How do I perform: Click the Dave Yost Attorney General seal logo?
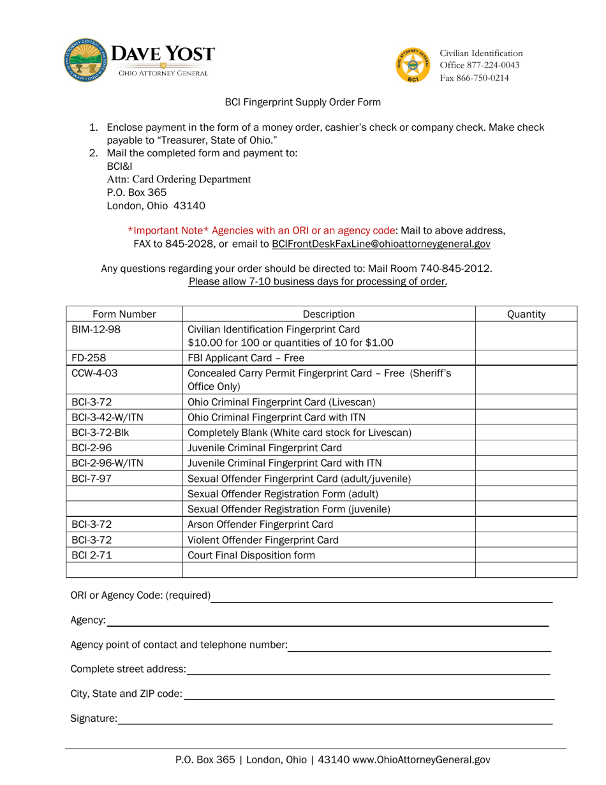85,61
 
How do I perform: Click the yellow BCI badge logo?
413,64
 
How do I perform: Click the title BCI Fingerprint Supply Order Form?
302,102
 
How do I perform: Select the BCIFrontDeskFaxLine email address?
381,244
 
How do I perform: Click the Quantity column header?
526,314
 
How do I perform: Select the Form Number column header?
124,314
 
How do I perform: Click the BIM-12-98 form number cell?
96,329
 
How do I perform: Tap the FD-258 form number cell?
89,357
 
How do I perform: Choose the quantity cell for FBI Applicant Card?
526,357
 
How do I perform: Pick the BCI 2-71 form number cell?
92,555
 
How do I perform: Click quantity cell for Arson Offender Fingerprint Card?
526,525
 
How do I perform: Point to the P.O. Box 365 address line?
137,192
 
